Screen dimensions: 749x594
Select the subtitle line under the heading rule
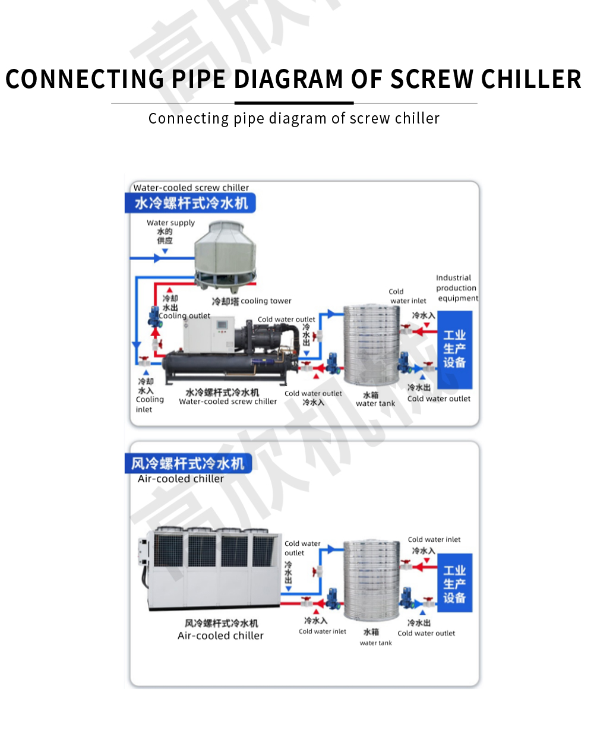pos(294,118)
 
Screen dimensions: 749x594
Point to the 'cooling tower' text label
pos(266,301)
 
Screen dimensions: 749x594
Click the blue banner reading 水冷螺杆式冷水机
pos(191,203)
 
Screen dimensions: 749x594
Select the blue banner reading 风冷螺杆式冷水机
pos(188,463)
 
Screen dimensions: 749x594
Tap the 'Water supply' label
pos(170,223)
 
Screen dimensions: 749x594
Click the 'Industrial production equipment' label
pos(456,288)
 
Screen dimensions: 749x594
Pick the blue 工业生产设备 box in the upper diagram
pos(454,349)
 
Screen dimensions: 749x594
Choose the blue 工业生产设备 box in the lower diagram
pos(454,584)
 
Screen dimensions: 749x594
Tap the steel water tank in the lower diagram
pos(371,581)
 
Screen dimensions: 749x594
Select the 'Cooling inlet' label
pos(149,404)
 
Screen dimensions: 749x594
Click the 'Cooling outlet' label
pos(185,316)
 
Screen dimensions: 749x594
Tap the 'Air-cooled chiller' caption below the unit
pos(220,636)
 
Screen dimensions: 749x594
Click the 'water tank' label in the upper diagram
pos(375,403)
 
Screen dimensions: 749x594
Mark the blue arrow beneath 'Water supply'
pos(165,251)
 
